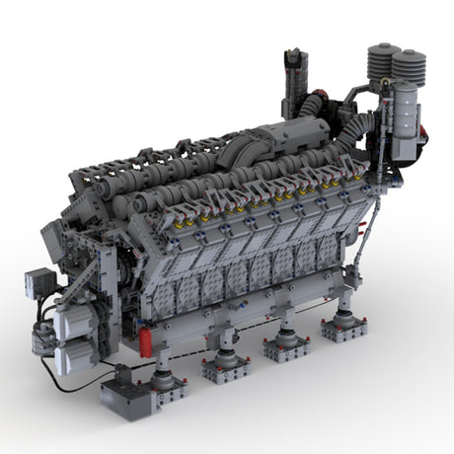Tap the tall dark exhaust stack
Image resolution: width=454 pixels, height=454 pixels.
tap(293, 79)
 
